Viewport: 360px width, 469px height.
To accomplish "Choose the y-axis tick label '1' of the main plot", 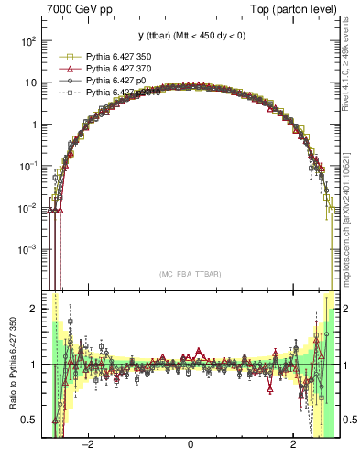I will pyautogui.click(x=33, y=125).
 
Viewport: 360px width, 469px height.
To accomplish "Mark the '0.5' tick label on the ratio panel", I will pyautogui.click(x=28, y=420).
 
